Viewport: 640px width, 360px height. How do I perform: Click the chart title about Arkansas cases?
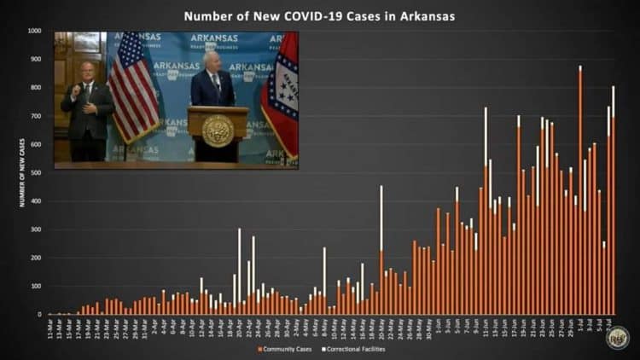pos(319,15)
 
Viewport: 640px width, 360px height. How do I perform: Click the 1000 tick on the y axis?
pos(35,31)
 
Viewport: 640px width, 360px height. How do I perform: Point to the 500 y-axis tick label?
pos(36,173)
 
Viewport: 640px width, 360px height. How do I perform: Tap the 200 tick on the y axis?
pos(36,258)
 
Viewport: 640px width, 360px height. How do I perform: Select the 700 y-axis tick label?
pos(36,116)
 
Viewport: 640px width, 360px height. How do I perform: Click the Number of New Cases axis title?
pos(22,172)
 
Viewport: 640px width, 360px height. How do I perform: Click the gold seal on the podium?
pos(218,131)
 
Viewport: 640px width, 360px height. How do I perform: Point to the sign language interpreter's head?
pos(86,71)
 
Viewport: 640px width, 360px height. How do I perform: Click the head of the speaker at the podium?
pos(212,60)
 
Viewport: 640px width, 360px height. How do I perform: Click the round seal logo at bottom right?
pos(617,337)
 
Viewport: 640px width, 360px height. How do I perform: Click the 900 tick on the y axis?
pos(36,59)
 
